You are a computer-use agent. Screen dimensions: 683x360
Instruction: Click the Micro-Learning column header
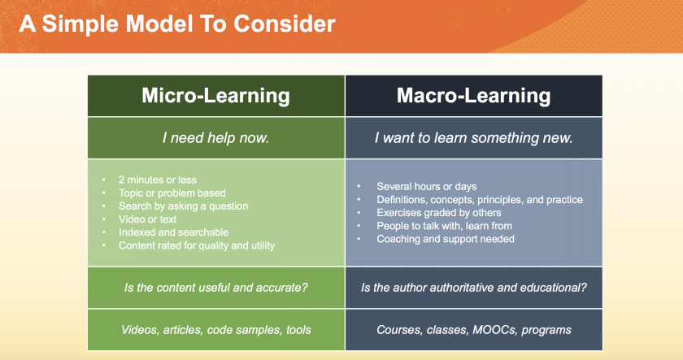[x=215, y=96]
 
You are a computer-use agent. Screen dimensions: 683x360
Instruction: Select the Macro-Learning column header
[x=473, y=96]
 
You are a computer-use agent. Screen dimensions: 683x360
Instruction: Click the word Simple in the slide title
[x=80, y=24]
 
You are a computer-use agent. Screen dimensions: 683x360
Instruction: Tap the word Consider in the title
[x=285, y=24]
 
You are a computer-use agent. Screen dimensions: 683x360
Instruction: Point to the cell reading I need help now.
[x=216, y=138]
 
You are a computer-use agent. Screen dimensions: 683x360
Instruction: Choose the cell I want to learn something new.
[x=473, y=138]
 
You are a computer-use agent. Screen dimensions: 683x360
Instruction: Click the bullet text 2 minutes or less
[x=157, y=180]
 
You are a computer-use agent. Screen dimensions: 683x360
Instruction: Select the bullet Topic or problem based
[x=172, y=193]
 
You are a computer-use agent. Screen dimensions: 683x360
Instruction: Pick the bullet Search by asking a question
[x=184, y=206]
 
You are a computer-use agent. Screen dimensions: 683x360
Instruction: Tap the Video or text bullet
[x=148, y=219]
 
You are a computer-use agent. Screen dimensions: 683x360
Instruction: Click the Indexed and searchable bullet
[x=173, y=232]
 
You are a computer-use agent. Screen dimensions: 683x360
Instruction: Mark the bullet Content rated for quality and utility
[x=197, y=245]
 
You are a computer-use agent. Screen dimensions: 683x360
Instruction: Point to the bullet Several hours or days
[x=426, y=186]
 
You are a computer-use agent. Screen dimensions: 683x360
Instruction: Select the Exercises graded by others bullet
[x=438, y=212]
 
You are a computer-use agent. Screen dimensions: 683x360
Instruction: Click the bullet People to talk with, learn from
[x=444, y=225]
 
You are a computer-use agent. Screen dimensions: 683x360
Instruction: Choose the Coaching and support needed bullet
[x=446, y=239]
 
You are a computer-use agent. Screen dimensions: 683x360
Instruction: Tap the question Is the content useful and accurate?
[x=216, y=288]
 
